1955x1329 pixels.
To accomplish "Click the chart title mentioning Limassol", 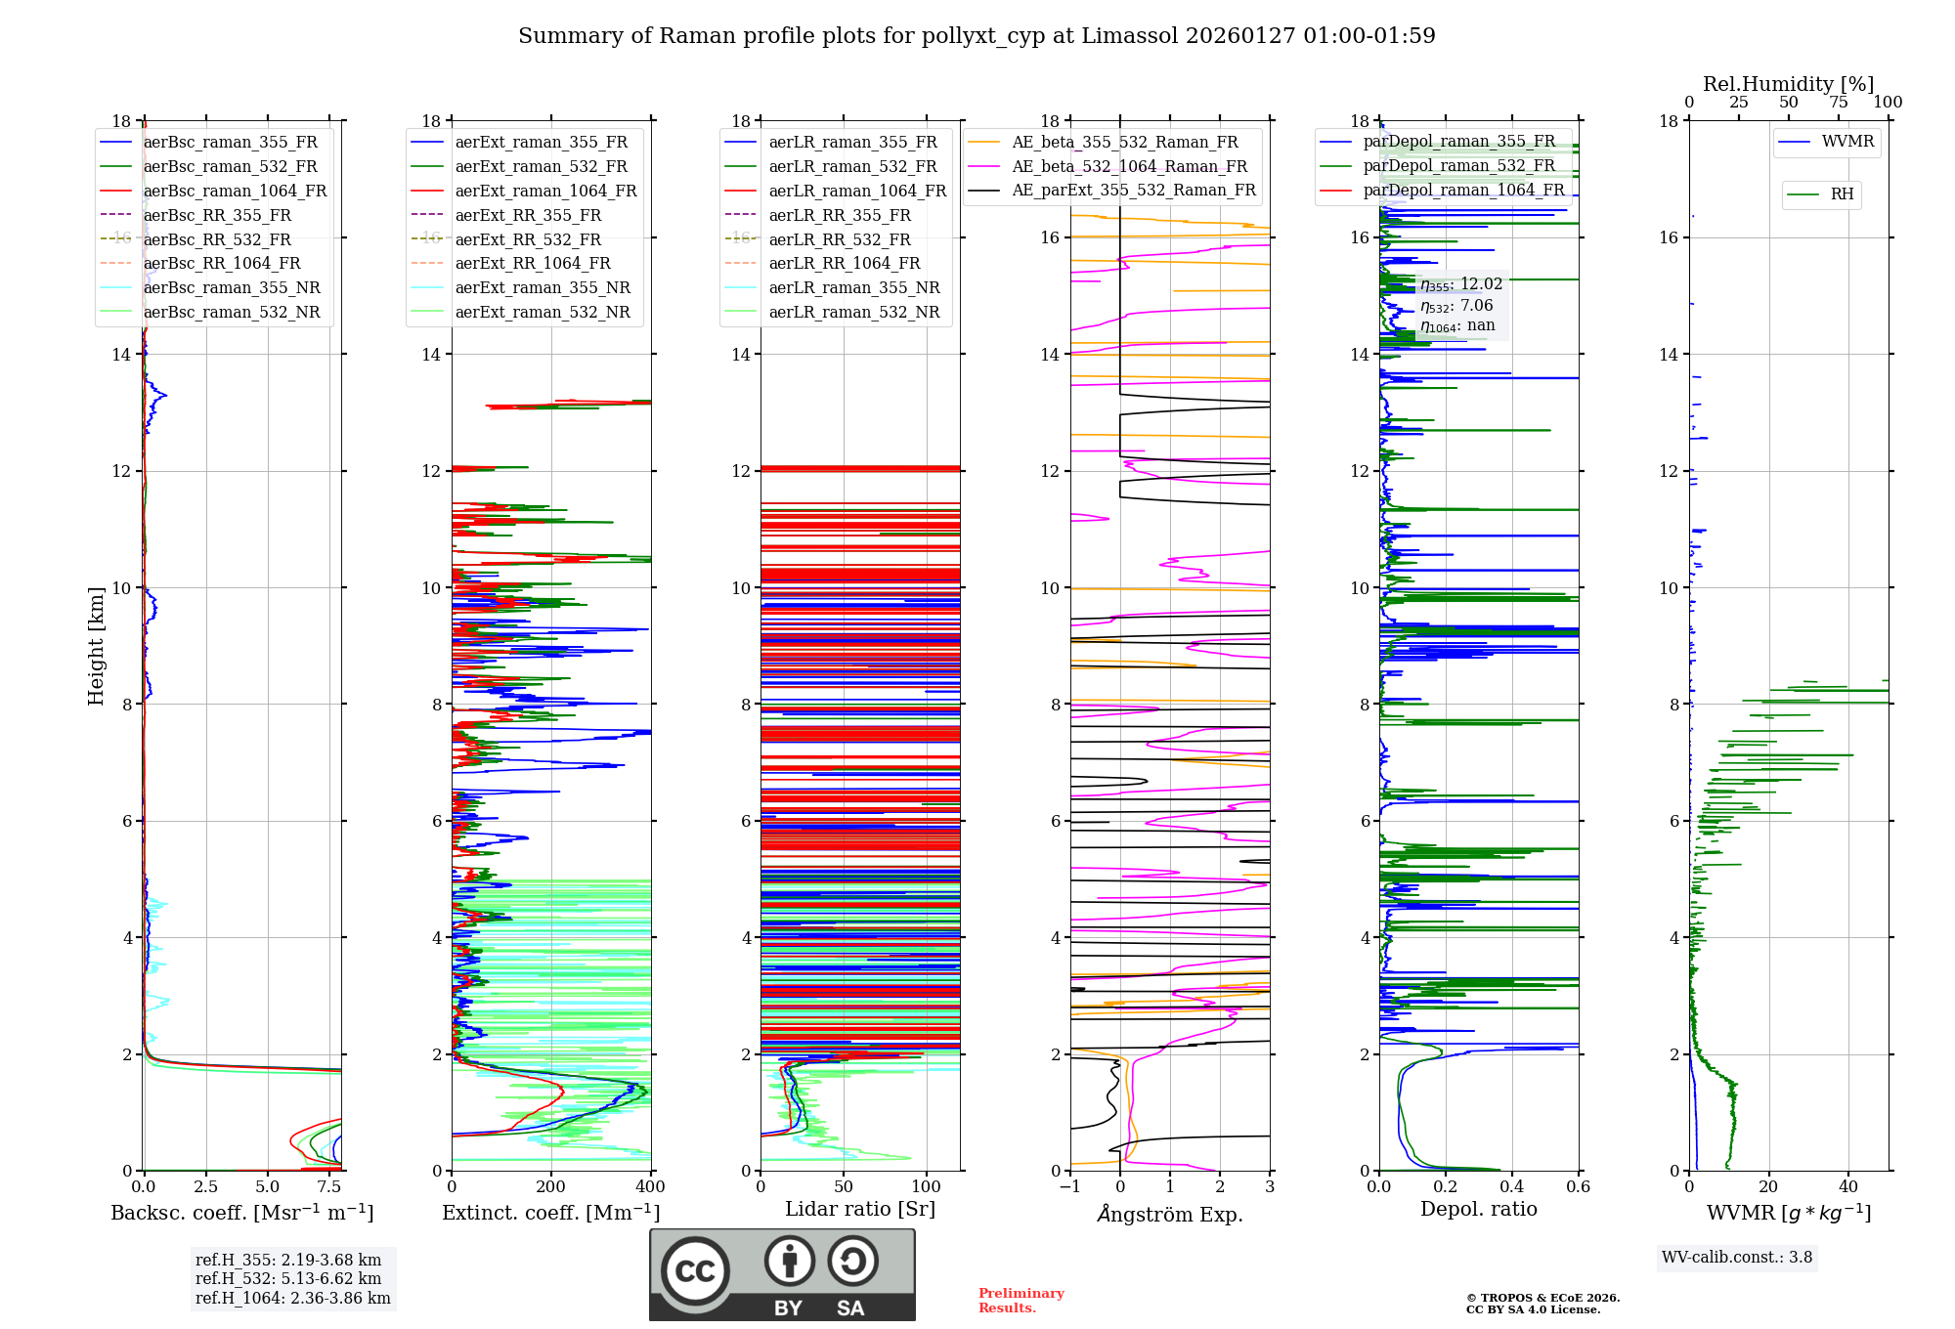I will point(977,36).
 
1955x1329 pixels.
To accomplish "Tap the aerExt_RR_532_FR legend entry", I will point(528,239).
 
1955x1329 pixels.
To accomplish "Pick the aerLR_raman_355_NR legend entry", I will point(853,287).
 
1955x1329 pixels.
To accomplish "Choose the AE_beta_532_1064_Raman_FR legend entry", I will point(1129,166).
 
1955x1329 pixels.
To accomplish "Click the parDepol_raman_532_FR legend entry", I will point(1458,165).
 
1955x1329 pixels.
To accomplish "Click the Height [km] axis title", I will point(96,646).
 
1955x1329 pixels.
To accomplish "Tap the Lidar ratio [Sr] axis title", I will point(860,1209).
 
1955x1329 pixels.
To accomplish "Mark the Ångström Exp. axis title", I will point(1170,1214).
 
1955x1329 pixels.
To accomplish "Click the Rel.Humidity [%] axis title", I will point(1788,84).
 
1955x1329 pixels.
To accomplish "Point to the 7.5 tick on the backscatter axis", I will point(329,1187).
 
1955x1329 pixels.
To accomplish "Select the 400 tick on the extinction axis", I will point(650,1187).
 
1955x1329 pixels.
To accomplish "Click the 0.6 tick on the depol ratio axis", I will point(1578,1187).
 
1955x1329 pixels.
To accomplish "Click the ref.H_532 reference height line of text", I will point(288,1278).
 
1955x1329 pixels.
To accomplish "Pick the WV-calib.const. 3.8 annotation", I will point(1737,1257).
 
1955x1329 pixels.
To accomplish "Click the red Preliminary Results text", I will point(1021,1301).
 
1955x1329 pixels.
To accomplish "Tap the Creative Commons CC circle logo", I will point(695,1271).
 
